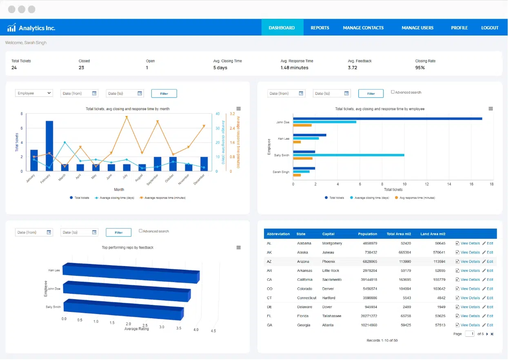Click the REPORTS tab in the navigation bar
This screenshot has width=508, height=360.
tap(319, 28)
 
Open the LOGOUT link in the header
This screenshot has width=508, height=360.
tap(490, 28)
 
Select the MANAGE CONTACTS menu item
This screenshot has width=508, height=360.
tap(363, 28)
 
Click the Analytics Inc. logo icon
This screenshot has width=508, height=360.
tap(11, 28)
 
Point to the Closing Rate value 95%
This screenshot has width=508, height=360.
tap(420, 68)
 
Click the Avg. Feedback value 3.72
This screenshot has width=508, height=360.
tap(353, 68)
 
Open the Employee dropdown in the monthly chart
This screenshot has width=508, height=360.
tap(34, 93)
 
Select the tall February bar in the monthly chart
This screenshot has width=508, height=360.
tap(49, 146)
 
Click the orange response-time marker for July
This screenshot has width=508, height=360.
tap(126, 118)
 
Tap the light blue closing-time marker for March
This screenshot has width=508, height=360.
tap(65, 142)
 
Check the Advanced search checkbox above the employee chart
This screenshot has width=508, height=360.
tap(393, 92)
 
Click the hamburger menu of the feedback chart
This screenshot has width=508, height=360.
tap(239, 248)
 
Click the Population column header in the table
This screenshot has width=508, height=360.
tap(367, 234)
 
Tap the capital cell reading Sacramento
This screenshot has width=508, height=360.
tap(332, 280)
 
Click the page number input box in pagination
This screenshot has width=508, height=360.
tap(470, 334)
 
